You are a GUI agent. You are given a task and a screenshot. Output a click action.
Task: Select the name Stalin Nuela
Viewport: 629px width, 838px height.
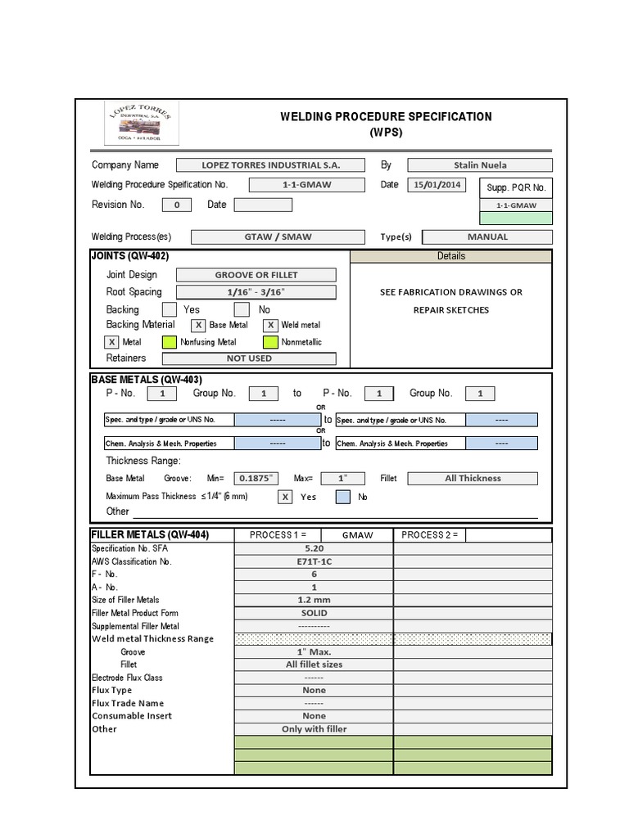479,165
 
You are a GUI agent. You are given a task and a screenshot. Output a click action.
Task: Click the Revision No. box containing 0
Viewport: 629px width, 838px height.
177,205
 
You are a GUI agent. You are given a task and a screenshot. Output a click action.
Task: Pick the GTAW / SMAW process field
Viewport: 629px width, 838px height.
278,237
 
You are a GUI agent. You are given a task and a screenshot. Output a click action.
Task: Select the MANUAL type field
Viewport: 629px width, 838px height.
487,237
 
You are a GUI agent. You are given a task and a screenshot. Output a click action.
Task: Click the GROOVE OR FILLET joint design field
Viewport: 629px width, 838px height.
256,275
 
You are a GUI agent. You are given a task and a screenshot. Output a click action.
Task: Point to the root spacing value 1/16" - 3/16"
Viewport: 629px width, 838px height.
256,292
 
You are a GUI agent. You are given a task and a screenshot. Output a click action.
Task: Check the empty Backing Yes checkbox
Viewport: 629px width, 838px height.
169,310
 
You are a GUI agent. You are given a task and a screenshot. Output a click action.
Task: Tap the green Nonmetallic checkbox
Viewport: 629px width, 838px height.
270,342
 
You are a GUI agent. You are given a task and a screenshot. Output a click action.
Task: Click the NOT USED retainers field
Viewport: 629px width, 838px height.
249,358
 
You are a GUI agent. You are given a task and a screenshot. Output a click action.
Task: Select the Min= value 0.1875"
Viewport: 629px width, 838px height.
256,479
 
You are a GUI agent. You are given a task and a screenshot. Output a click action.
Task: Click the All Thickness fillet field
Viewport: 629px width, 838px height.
473,479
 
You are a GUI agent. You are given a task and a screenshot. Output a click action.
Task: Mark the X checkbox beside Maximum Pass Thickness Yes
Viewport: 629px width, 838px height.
285,497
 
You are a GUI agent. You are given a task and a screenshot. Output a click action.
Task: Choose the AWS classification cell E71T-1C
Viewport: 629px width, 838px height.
314,561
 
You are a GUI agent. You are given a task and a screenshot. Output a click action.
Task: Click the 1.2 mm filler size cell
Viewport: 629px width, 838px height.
314,600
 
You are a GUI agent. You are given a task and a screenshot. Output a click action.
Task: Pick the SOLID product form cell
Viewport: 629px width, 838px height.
314,613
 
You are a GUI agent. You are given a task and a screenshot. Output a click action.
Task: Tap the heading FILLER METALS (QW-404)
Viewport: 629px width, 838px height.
151,535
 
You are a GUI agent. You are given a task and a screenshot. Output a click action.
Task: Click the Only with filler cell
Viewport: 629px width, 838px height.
314,729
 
